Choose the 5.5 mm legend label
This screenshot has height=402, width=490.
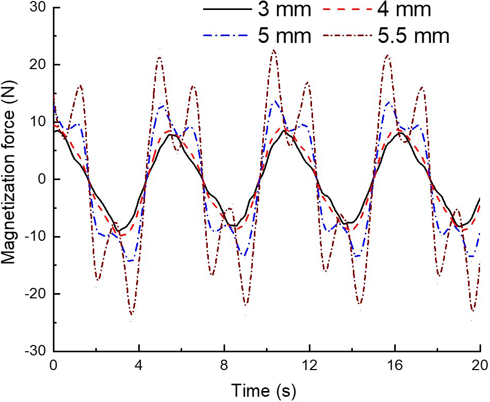point(413,36)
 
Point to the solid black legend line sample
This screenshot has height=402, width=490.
point(227,10)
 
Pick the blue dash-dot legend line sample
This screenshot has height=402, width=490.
point(227,36)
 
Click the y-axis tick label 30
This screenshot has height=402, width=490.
point(37,8)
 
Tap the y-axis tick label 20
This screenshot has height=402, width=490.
point(37,65)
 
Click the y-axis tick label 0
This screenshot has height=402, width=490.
point(42,179)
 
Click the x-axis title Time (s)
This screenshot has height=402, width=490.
point(267,390)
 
